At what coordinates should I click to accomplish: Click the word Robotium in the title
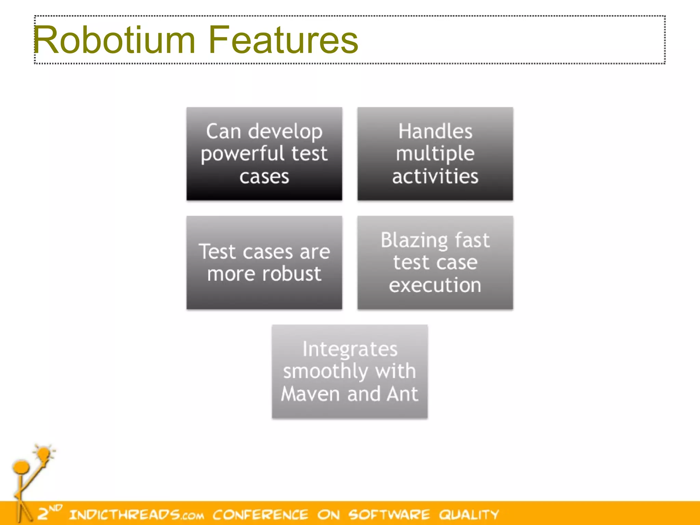coord(115,40)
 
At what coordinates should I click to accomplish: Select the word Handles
coord(435,131)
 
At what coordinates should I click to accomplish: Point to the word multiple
coord(435,153)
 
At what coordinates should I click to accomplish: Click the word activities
coord(435,176)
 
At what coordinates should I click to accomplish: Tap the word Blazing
coord(414,240)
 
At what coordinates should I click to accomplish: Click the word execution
coord(435,285)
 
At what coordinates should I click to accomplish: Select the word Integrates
coord(350,349)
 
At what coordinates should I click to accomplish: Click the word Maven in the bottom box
coord(310,394)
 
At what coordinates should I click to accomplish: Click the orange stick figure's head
coord(21,467)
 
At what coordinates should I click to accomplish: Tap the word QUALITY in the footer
coord(469,514)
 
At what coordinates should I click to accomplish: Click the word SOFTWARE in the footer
coord(389,514)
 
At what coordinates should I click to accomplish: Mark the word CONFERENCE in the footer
coord(260,514)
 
